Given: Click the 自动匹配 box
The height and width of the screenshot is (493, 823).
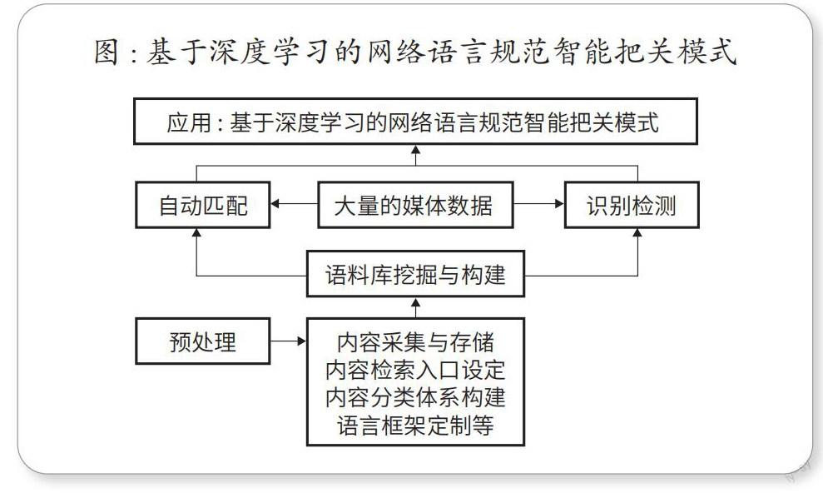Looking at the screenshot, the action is click(x=202, y=205).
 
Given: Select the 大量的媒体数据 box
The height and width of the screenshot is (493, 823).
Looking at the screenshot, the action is click(x=415, y=205).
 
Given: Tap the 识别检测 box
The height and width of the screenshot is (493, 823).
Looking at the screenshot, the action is click(x=632, y=205).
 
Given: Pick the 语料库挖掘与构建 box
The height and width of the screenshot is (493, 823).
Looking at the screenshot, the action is click(x=415, y=274).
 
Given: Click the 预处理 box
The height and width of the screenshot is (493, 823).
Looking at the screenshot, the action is click(x=202, y=341).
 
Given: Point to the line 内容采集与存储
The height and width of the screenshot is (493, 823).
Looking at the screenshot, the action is click(x=415, y=342).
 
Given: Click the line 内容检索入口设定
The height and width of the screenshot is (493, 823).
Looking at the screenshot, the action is click(x=415, y=370).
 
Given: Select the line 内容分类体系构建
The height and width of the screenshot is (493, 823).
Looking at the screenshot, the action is click(x=415, y=397).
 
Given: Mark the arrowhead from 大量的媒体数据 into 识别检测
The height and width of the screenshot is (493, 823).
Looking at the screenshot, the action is click(x=559, y=204).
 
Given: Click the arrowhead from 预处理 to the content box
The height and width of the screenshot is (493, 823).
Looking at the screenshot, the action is click(x=302, y=341).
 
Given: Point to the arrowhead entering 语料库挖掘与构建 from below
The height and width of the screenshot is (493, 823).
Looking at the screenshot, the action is click(x=416, y=302).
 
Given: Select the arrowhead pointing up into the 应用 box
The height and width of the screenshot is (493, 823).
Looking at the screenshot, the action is click(x=416, y=150).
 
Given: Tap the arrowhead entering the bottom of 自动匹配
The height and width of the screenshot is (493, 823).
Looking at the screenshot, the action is click(x=197, y=233).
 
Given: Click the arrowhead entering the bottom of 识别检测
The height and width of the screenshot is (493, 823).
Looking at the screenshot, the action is click(x=637, y=233).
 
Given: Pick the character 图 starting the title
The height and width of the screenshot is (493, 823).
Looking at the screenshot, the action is click(x=107, y=52).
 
